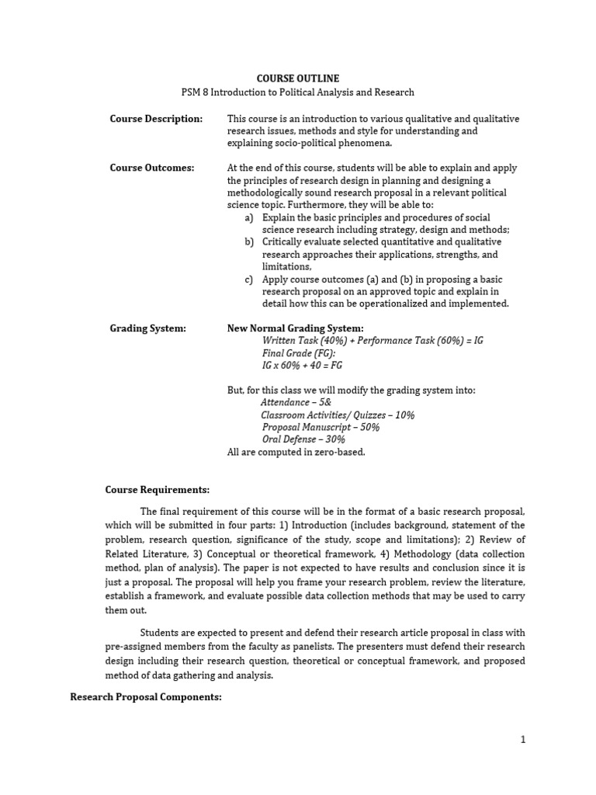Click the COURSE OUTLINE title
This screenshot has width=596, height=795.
[298, 78]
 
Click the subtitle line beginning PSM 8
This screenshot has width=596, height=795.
[298, 92]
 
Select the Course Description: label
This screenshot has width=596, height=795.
[156, 119]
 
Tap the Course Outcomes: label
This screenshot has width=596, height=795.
[152, 168]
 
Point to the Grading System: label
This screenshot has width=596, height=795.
[147, 328]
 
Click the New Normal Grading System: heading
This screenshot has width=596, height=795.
[295, 328]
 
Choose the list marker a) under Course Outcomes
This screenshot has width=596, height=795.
[249, 217]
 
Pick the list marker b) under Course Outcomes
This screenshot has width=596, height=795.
[249, 242]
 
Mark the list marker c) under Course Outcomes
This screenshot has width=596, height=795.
[249, 279]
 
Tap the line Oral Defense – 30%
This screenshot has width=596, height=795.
[303, 440]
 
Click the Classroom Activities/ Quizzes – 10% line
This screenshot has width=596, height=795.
[338, 415]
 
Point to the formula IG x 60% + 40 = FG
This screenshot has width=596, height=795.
[302, 366]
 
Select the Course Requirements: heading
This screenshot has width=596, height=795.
[157, 490]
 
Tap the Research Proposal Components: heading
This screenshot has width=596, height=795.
[146, 698]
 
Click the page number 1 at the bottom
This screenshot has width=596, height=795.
[523, 740]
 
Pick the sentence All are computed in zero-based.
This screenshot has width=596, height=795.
[296, 453]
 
